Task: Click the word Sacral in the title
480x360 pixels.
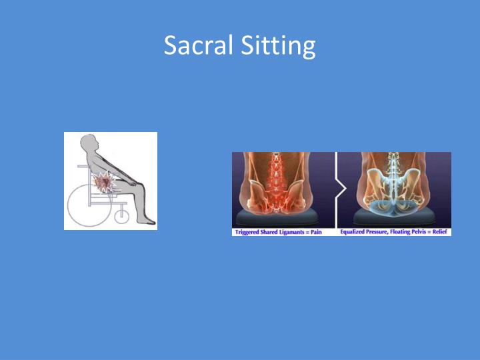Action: click(x=197, y=45)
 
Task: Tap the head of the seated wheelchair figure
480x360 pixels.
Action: click(x=89, y=143)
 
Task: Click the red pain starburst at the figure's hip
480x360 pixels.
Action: click(x=105, y=183)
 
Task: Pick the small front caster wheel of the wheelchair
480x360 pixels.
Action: click(x=121, y=215)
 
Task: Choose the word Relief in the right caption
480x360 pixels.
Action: click(x=440, y=232)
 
